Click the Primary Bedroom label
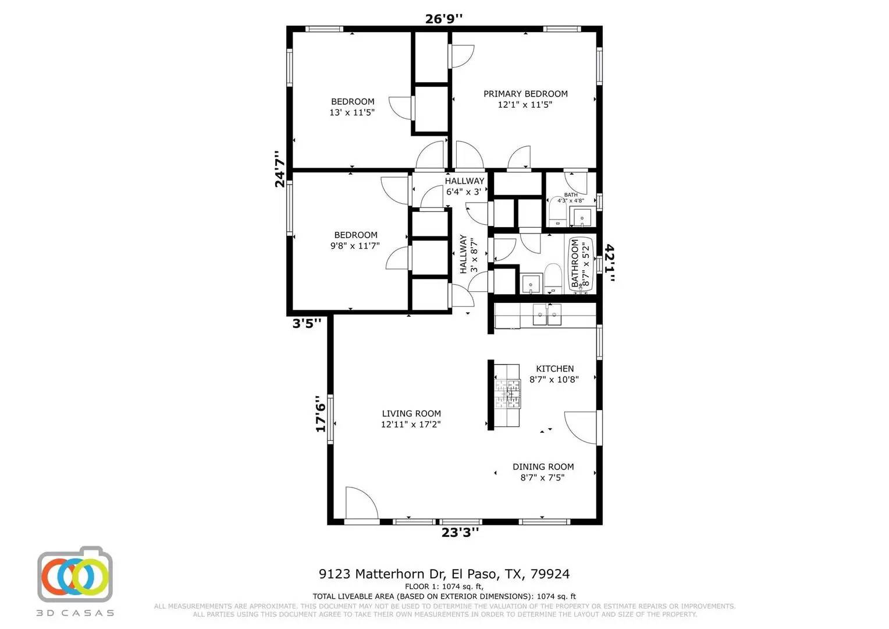click(x=525, y=94)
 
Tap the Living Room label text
click(x=411, y=414)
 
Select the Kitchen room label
click(x=554, y=369)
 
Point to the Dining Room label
click(x=543, y=467)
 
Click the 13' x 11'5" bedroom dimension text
click(x=352, y=112)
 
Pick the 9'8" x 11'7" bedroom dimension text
click(x=355, y=246)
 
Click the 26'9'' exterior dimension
click(x=444, y=19)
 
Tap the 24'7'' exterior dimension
click(x=280, y=169)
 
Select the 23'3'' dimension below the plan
click(x=460, y=532)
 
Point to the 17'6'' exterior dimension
click(x=320, y=414)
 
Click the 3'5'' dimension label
click(x=307, y=323)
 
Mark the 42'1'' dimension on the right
click(x=610, y=263)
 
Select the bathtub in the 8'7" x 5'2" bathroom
click(x=581, y=265)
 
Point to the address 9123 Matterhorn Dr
click(x=444, y=574)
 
